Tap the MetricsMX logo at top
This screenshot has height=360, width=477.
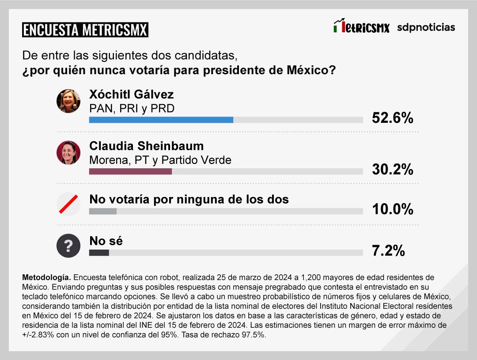click(361, 27)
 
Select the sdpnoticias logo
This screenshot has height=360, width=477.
click(426, 27)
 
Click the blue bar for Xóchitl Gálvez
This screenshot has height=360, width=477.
click(161, 120)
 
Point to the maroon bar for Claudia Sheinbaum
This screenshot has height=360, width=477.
click(130, 171)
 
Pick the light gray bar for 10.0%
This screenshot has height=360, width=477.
click(103, 211)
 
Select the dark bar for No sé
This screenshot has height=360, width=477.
click(99, 253)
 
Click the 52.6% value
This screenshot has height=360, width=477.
click(392, 118)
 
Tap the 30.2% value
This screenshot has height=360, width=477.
click(392, 169)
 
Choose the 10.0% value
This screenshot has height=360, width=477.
click(392, 209)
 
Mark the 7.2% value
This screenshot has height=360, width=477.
click(388, 250)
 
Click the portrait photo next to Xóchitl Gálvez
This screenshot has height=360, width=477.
click(68, 101)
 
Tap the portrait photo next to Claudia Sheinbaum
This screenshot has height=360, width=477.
click(68, 153)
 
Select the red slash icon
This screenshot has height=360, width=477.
click(68, 205)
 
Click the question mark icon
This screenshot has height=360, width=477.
click(68, 246)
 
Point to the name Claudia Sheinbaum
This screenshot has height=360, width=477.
click(146, 146)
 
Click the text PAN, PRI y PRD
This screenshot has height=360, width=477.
click(132, 108)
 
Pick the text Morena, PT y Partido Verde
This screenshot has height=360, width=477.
click(160, 160)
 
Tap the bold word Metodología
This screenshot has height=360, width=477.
click(46, 277)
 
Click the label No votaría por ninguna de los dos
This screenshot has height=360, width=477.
click(189, 199)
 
